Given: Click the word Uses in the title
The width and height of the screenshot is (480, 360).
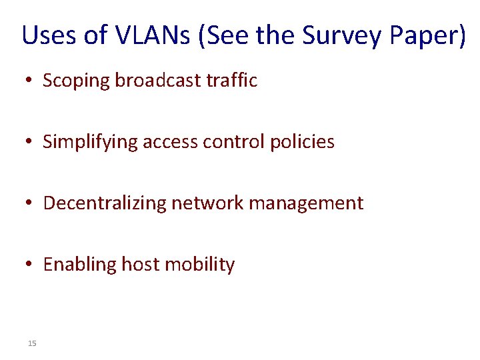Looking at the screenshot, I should [49, 35].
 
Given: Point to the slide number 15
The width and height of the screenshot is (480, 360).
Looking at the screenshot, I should [32, 343].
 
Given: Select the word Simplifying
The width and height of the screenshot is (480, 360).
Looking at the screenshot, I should [91, 142].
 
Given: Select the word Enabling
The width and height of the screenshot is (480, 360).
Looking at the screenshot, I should [79, 265].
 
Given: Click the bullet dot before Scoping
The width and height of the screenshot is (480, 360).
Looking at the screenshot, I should [28, 81].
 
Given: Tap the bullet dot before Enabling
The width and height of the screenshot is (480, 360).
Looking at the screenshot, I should [28, 265].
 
